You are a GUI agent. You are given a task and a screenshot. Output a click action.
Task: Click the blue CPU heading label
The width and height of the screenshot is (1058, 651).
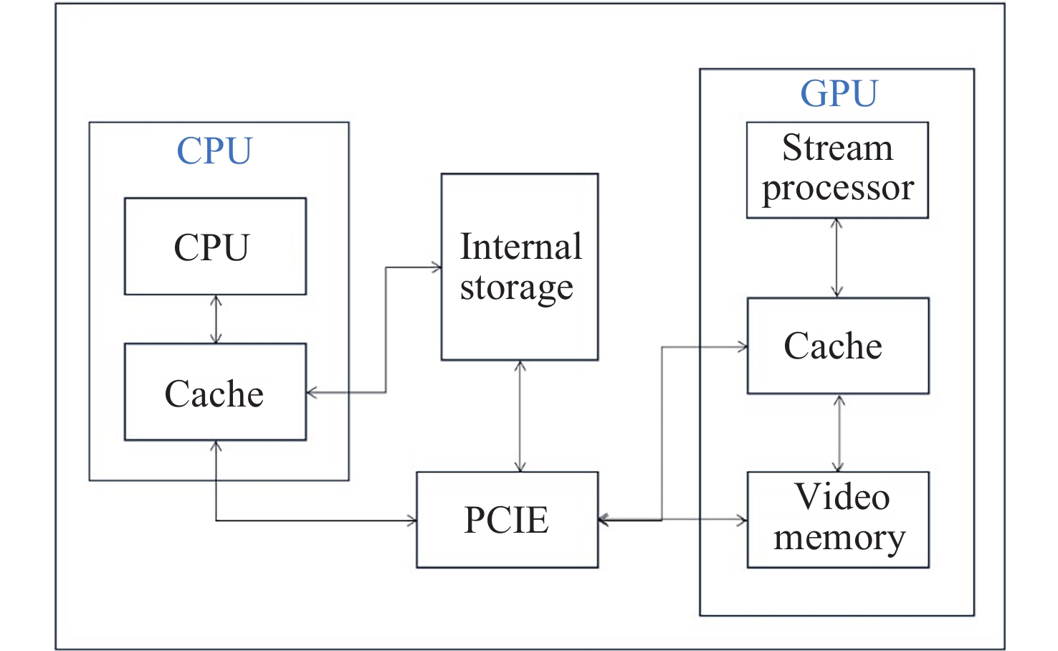click(214, 151)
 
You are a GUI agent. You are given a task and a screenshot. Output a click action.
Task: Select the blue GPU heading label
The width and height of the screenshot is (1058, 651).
click(839, 93)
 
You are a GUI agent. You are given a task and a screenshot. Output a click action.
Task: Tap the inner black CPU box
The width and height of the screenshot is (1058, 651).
click(215, 247)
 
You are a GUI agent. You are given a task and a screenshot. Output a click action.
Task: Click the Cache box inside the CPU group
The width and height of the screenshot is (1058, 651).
click(215, 392)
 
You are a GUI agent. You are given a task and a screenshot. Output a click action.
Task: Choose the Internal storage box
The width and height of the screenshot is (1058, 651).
click(520, 267)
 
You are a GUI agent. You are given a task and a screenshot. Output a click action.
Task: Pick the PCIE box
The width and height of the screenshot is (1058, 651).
click(507, 520)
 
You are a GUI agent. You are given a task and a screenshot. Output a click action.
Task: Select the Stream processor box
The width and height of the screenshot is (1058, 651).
click(837, 170)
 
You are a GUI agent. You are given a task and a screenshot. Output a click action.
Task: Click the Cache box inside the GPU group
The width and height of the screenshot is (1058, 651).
click(837, 346)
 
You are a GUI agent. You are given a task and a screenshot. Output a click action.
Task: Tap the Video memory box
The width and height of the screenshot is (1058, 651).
click(837, 520)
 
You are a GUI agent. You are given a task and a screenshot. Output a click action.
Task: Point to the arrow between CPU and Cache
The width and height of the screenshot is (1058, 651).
click(216, 319)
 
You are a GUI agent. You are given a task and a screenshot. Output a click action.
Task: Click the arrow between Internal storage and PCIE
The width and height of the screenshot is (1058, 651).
click(520, 416)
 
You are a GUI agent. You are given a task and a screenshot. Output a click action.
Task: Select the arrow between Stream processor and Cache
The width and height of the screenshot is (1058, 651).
click(837, 258)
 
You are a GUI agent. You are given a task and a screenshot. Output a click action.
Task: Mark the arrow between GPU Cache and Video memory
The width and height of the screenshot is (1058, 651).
click(839, 433)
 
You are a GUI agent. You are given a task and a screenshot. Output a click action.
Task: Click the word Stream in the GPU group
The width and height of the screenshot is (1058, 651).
click(837, 148)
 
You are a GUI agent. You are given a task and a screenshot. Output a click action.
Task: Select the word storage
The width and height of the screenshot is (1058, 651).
click(516, 288)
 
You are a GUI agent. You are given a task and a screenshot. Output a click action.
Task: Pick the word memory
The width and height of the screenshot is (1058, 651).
click(839, 538)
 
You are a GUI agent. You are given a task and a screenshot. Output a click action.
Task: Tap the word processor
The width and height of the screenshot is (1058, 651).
click(837, 189)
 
